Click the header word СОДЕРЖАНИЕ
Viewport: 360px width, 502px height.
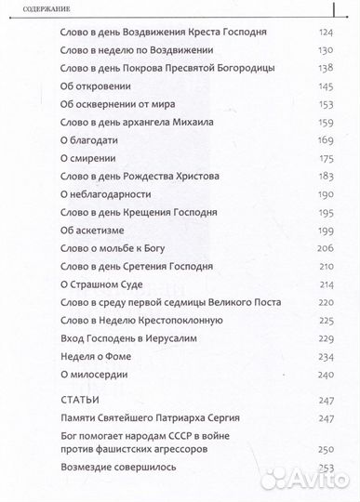[x=33, y=12]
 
